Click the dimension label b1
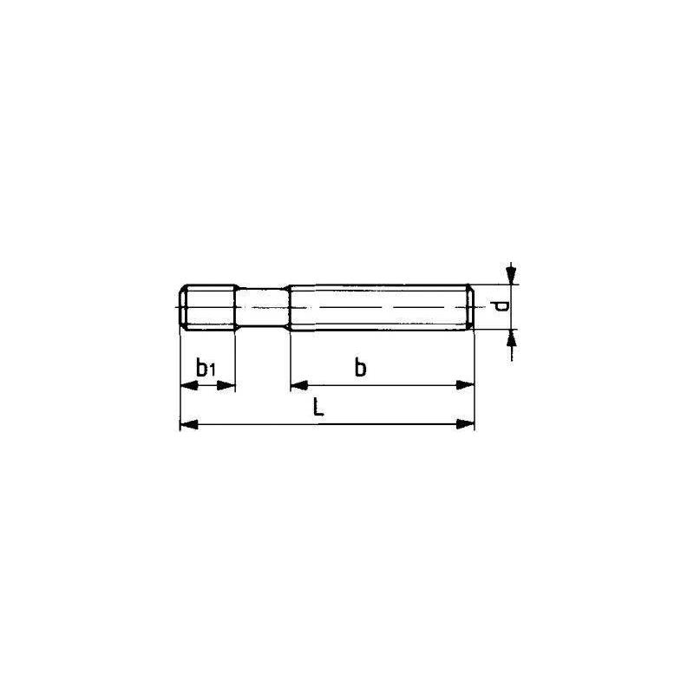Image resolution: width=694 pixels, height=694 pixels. coord(206,368)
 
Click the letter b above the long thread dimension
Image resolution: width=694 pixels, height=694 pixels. coord(360,368)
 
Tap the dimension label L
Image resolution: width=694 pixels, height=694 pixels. coord(319,408)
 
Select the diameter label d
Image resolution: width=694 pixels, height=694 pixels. coord(498,306)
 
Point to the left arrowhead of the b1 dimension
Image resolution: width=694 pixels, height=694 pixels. coord(185,384)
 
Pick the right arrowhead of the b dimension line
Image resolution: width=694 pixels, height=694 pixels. coord(470,384)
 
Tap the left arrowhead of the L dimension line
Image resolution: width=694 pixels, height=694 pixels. coord(185,424)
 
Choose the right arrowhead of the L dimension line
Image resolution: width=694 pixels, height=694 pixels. coord(470,424)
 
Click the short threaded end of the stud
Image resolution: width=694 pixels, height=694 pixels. coord(208,306)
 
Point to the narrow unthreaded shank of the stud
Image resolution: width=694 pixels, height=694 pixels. coord(262,306)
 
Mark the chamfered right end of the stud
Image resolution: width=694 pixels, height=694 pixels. coord(472,306)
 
